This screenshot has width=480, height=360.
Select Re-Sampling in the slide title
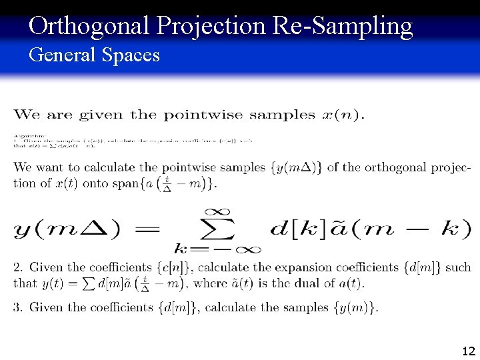click(343, 26)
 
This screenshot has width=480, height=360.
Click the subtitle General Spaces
click(94, 55)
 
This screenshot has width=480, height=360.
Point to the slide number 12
click(468, 351)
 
